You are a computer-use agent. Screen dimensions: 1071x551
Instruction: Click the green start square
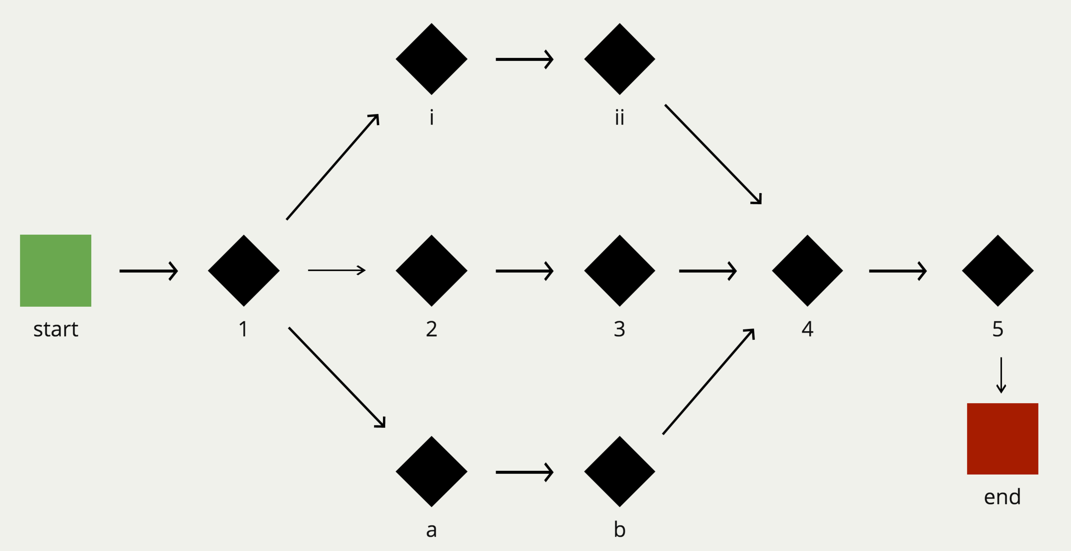(56, 270)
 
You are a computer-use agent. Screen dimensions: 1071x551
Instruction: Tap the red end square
(1002, 438)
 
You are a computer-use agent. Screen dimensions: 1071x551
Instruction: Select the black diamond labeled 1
(244, 270)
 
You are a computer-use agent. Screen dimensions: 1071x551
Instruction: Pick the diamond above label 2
(431, 270)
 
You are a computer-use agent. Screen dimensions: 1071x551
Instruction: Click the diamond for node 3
(619, 270)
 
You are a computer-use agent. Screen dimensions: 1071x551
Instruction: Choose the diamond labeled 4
(808, 270)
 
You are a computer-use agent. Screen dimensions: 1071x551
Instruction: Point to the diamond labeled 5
(998, 270)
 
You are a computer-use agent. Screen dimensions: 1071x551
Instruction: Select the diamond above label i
(431, 59)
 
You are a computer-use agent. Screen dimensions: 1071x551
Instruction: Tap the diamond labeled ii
(619, 59)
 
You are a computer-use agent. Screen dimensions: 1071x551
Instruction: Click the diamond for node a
(431, 472)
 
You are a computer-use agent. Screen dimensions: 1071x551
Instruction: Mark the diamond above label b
(619, 472)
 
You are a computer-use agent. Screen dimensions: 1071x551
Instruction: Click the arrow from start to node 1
(148, 271)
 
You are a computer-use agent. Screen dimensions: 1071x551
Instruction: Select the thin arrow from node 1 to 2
(336, 270)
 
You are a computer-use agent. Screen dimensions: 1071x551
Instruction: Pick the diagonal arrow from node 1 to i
(332, 167)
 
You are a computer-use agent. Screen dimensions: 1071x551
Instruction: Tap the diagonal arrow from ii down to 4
(713, 154)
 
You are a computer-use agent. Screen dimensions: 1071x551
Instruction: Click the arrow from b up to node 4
(708, 382)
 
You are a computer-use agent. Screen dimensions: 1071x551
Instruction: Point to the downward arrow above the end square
(1001, 375)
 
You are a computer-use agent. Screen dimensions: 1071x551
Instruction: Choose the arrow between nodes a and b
(524, 472)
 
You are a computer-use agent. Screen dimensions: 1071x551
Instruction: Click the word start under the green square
(56, 329)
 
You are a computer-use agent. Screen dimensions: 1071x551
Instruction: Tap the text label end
(1002, 497)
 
